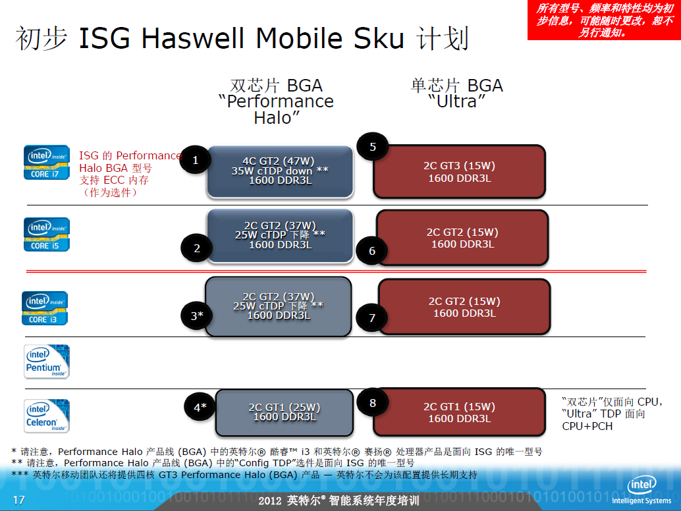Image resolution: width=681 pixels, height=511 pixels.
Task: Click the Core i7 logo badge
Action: coord(47,163)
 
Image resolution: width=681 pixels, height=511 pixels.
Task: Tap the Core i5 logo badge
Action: coord(47,234)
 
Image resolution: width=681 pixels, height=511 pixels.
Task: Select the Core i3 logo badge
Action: coord(45,308)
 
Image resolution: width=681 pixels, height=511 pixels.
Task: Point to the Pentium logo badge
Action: coord(47,362)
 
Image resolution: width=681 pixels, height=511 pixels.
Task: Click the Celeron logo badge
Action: coord(47,416)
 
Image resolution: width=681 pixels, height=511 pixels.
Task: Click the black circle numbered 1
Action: coord(196,160)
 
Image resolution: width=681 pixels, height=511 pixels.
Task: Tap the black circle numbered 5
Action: coord(373,147)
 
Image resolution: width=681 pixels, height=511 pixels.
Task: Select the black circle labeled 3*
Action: coord(197,315)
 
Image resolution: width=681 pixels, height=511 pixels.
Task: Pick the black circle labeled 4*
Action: coord(200,407)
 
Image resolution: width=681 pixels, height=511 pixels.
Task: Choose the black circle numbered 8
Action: coord(372,403)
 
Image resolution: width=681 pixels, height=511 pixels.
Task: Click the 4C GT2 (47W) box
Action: coord(280,171)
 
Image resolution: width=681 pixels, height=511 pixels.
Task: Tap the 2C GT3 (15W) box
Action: coord(459,171)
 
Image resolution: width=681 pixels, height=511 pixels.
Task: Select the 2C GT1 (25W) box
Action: coord(285,412)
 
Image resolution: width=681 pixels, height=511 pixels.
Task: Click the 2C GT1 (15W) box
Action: coord(459,412)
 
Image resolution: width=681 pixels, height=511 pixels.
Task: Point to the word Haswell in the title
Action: coord(193,38)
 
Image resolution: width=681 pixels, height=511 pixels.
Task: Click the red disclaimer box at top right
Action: coord(604,20)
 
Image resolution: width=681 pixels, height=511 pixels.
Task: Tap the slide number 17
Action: coord(18,500)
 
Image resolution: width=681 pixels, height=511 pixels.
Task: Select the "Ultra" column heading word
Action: coord(457,101)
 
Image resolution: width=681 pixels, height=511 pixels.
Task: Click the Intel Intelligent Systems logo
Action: coord(641,490)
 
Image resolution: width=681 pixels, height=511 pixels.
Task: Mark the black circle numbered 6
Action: coord(371,250)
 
